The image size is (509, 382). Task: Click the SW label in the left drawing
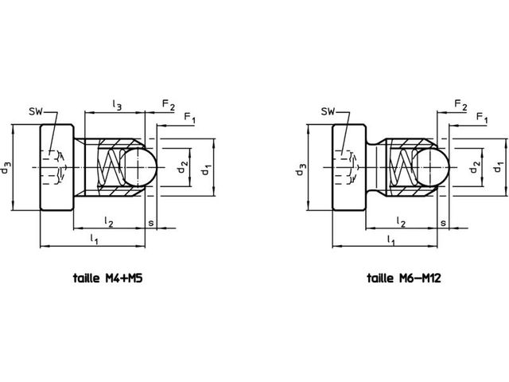pos(36,112)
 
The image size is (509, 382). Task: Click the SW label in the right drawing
pos(328,112)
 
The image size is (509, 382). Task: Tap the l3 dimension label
pos(117,104)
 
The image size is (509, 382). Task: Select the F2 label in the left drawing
pos(169,104)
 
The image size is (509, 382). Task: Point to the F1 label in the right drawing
pos(482,118)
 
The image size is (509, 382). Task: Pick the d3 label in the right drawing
pos(301,168)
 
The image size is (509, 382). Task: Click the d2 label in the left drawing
pos(182,167)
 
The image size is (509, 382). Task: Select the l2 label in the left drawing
pos(109,221)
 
